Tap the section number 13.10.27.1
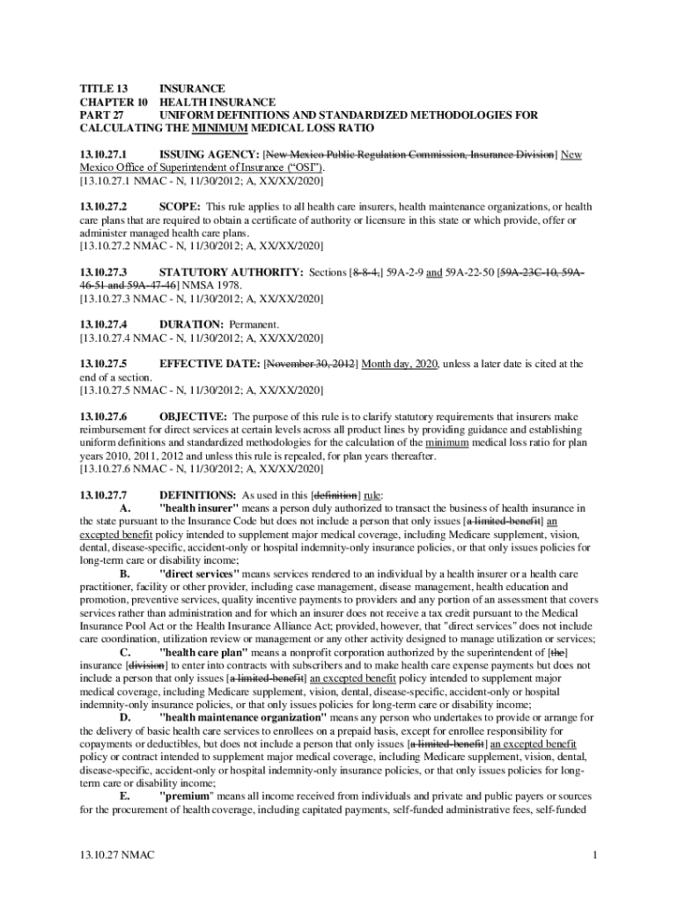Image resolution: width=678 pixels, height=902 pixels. click(x=103, y=155)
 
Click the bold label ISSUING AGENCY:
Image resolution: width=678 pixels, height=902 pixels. click(x=209, y=155)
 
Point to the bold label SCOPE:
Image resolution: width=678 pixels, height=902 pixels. click(x=180, y=207)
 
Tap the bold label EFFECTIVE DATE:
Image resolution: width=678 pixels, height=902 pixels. click(x=209, y=364)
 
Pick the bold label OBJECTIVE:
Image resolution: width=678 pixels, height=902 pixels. click(x=194, y=416)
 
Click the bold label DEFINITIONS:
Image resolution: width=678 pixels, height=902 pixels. click(x=198, y=495)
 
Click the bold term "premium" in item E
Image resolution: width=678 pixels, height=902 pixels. click(x=188, y=796)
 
